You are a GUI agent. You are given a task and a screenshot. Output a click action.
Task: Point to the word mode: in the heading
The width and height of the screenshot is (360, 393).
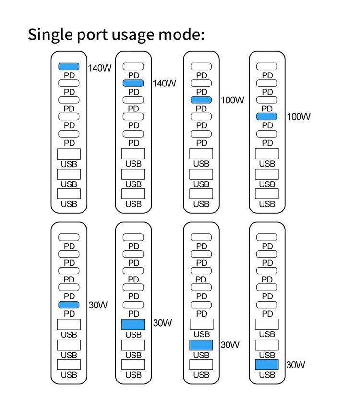(x=185, y=35)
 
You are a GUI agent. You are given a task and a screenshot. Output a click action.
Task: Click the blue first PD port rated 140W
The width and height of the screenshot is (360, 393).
(x=69, y=67)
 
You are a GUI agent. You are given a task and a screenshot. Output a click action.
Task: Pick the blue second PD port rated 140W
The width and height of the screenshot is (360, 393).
(x=133, y=84)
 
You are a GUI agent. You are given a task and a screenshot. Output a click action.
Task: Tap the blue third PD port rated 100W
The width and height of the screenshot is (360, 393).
(x=201, y=100)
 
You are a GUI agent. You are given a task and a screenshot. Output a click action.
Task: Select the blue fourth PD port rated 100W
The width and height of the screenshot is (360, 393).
(x=267, y=116)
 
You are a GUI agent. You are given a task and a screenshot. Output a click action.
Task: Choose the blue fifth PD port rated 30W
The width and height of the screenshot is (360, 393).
(x=69, y=305)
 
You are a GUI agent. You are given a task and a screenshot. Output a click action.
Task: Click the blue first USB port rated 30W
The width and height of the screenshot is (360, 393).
(x=133, y=324)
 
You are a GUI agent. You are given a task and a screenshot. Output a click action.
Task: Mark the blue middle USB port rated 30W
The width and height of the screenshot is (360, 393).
(x=202, y=344)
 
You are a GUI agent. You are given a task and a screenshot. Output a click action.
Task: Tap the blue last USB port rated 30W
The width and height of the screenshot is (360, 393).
(x=267, y=365)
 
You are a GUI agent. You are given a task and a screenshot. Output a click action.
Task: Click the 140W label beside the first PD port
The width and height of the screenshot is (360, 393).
(x=100, y=68)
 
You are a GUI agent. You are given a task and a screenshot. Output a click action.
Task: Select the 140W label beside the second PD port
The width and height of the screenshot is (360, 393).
(x=164, y=84)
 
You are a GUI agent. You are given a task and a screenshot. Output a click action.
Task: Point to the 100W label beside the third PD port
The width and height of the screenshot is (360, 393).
(x=232, y=100)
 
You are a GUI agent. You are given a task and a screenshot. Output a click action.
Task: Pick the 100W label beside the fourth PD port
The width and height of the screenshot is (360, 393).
(x=299, y=117)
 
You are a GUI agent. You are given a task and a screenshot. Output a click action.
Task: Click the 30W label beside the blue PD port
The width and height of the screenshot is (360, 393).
(x=98, y=305)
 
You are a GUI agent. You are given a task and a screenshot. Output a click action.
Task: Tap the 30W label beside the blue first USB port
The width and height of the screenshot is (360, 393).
(x=162, y=323)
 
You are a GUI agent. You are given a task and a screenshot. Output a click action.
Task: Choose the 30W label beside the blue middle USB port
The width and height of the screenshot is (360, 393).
(x=229, y=344)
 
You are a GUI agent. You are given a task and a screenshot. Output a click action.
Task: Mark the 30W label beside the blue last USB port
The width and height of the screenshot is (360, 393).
(x=296, y=365)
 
